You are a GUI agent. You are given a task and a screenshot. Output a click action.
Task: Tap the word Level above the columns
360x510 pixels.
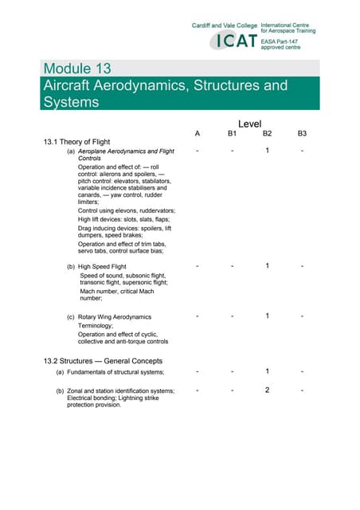[x=249, y=124]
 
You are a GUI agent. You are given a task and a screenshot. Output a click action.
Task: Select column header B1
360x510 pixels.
[x=232, y=134]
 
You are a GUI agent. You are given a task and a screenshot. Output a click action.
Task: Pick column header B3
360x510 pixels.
[x=302, y=134]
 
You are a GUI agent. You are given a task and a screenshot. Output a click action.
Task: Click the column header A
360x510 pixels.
[x=197, y=134]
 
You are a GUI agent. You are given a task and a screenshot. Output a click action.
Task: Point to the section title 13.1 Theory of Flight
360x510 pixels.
[x=77, y=143]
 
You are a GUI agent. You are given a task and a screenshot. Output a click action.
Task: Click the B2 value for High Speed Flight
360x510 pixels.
[x=268, y=265]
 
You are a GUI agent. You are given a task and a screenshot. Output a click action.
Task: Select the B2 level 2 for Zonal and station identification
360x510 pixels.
[x=268, y=390]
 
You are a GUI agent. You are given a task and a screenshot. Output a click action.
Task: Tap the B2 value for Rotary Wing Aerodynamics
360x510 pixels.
[x=268, y=316]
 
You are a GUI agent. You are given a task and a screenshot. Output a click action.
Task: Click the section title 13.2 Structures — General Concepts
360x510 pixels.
[x=103, y=361]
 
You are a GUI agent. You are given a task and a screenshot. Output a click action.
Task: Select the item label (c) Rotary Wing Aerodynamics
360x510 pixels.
[x=108, y=317]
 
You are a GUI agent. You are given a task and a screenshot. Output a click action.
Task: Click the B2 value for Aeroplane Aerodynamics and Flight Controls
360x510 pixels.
[x=268, y=151]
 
